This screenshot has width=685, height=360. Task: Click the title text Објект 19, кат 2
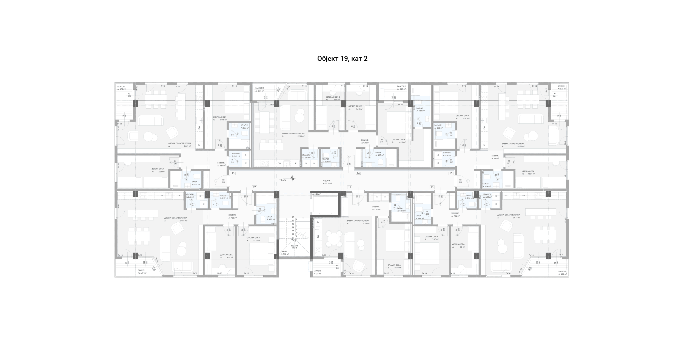342,59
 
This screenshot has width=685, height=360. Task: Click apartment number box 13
233,173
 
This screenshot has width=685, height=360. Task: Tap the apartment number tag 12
254,187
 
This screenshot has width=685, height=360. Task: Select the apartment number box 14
358,173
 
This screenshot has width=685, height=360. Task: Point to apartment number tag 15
450,173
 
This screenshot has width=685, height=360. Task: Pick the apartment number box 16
432,187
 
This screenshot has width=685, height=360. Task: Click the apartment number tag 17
349,187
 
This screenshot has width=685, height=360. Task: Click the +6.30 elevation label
282,180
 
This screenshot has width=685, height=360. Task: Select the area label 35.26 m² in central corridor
328,183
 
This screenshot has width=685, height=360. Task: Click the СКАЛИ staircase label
284,251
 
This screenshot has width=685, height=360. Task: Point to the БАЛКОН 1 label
259,88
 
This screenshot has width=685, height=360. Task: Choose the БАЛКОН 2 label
401,86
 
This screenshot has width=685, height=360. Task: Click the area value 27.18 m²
301,136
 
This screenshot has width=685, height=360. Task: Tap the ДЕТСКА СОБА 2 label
333,97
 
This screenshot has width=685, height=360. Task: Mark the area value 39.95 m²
184,221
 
